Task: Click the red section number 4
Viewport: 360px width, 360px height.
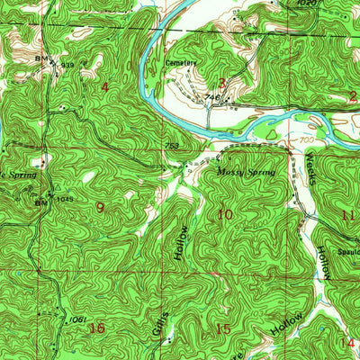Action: tap(104, 86)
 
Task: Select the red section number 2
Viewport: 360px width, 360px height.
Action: tap(353, 94)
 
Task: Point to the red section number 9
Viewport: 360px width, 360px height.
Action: tap(100, 207)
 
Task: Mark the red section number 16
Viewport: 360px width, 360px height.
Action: tap(97, 328)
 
